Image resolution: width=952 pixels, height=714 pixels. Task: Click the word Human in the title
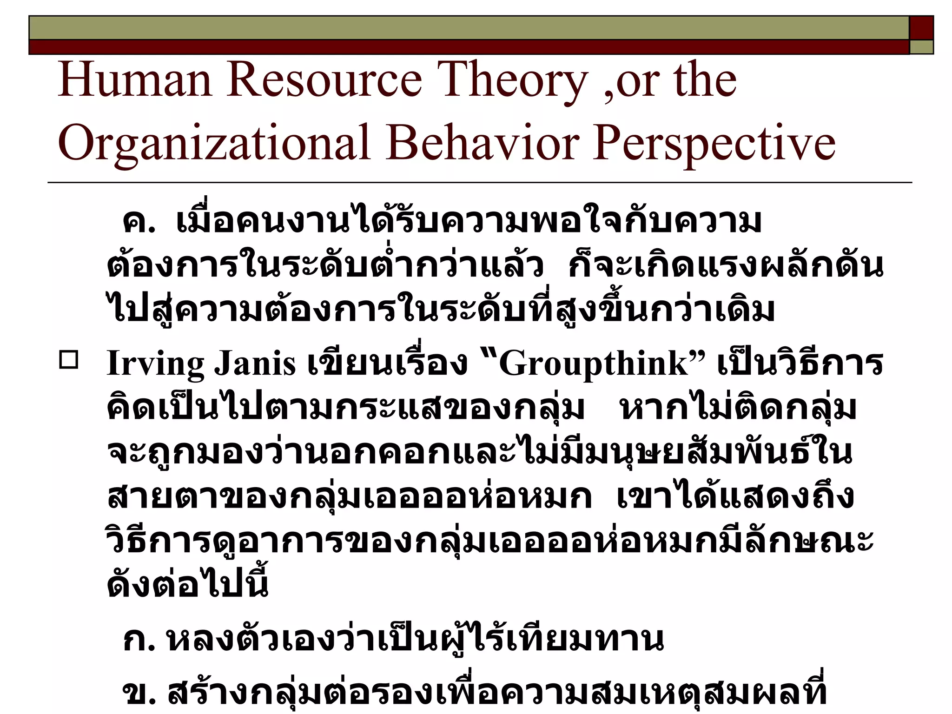(135, 80)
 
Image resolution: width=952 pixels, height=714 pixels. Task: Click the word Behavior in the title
(483, 142)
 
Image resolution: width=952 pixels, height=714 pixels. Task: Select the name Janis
(254, 363)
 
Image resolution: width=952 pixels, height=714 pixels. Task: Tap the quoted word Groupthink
(593, 363)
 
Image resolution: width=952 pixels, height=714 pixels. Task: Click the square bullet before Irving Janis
(69, 360)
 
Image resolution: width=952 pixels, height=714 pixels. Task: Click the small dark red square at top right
(921, 27)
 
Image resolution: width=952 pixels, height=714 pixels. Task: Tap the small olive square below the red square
(921, 47)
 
